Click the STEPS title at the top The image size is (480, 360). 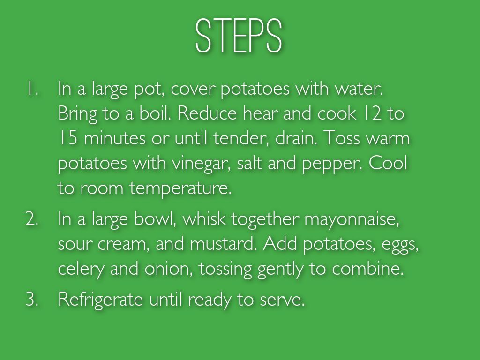click(239, 36)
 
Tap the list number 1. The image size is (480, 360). click(32, 89)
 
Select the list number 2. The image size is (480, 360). click(32, 219)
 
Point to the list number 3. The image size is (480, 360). click(32, 299)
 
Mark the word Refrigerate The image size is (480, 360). click(100, 300)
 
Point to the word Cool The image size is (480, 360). click(388, 163)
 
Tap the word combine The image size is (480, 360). click(367, 269)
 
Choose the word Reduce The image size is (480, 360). click(207, 113)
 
